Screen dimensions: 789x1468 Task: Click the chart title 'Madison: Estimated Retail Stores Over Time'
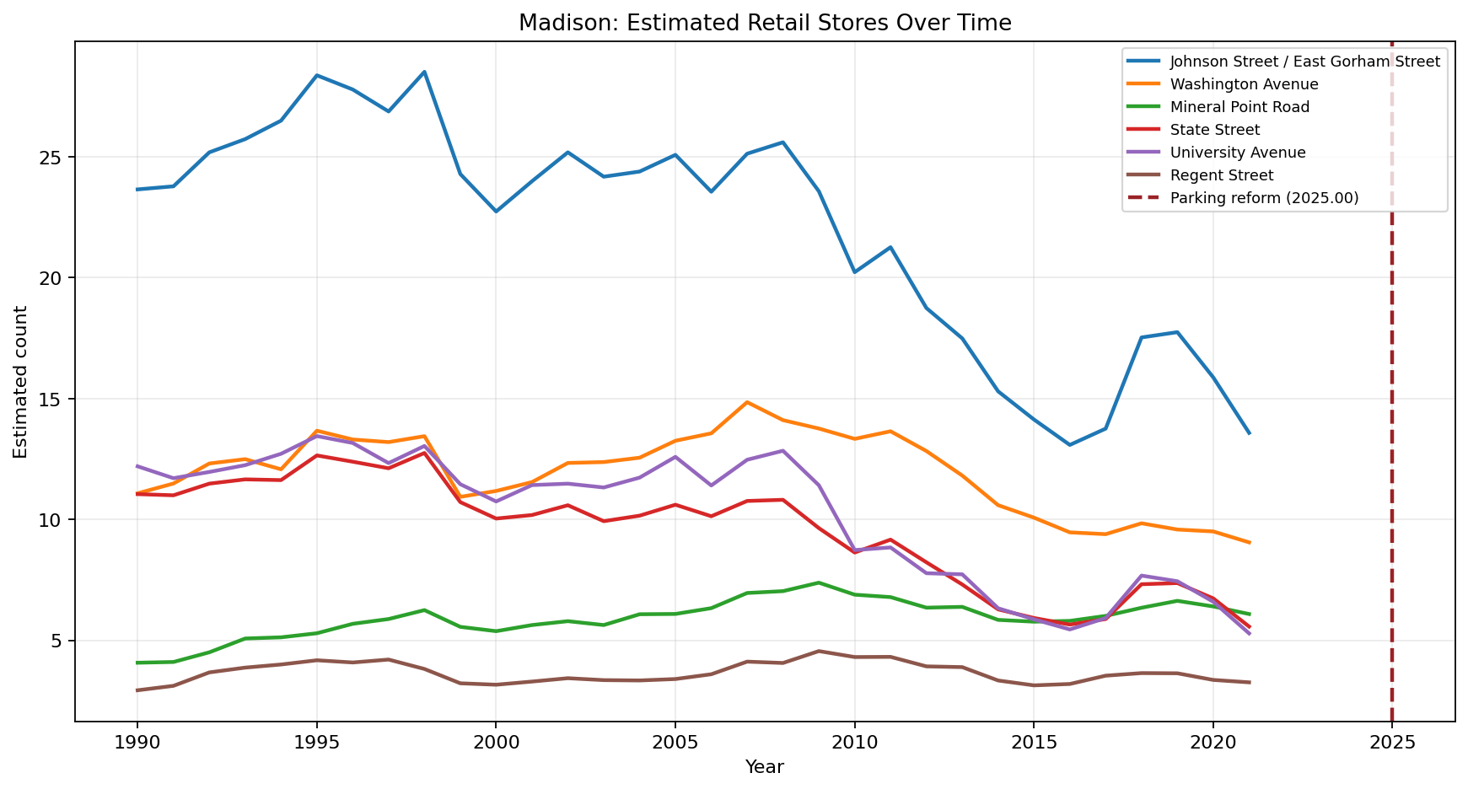click(x=764, y=23)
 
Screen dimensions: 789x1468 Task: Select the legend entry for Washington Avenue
click(x=1244, y=84)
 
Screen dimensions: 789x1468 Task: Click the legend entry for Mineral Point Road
click(x=1239, y=107)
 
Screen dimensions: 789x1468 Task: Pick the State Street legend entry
click(x=1214, y=130)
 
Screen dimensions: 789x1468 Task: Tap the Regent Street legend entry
click(x=1221, y=175)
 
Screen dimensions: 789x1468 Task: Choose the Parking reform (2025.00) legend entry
click(x=1264, y=198)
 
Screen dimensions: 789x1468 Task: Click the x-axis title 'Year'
click(x=764, y=767)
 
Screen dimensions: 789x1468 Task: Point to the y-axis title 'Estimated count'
click(x=21, y=381)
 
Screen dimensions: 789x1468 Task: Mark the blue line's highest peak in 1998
click(x=424, y=72)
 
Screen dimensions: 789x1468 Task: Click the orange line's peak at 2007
click(x=747, y=402)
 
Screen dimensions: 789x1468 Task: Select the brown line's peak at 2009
click(x=819, y=651)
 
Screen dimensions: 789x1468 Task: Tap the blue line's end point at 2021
click(x=1249, y=433)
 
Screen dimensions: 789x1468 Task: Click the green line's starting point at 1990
click(x=137, y=663)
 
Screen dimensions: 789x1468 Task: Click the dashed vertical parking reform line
click(x=1391, y=421)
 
